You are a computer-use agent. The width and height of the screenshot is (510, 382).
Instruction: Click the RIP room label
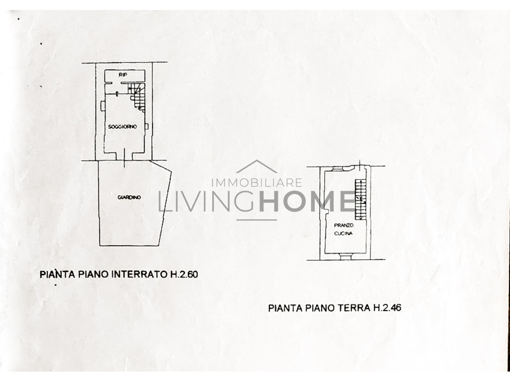point(123,75)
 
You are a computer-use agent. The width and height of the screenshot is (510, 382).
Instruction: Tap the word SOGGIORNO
point(123,127)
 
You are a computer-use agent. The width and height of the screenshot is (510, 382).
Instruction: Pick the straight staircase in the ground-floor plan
point(361,199)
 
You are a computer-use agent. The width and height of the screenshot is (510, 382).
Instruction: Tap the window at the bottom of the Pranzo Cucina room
point(345,257)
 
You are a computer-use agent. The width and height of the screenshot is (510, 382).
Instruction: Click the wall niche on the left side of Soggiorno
point(103,105)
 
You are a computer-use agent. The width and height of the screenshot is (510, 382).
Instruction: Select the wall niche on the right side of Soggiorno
point(147,126)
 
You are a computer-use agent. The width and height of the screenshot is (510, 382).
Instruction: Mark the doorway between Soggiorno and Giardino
point(125,156)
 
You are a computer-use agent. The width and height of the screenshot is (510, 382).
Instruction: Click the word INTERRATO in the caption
point(139,274)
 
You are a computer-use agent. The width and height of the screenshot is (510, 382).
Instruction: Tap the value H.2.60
point(184,274)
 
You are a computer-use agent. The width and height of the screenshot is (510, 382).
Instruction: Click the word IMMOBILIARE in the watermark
point(257,183)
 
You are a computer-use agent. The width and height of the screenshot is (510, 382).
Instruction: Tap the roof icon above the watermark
point(257,166)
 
